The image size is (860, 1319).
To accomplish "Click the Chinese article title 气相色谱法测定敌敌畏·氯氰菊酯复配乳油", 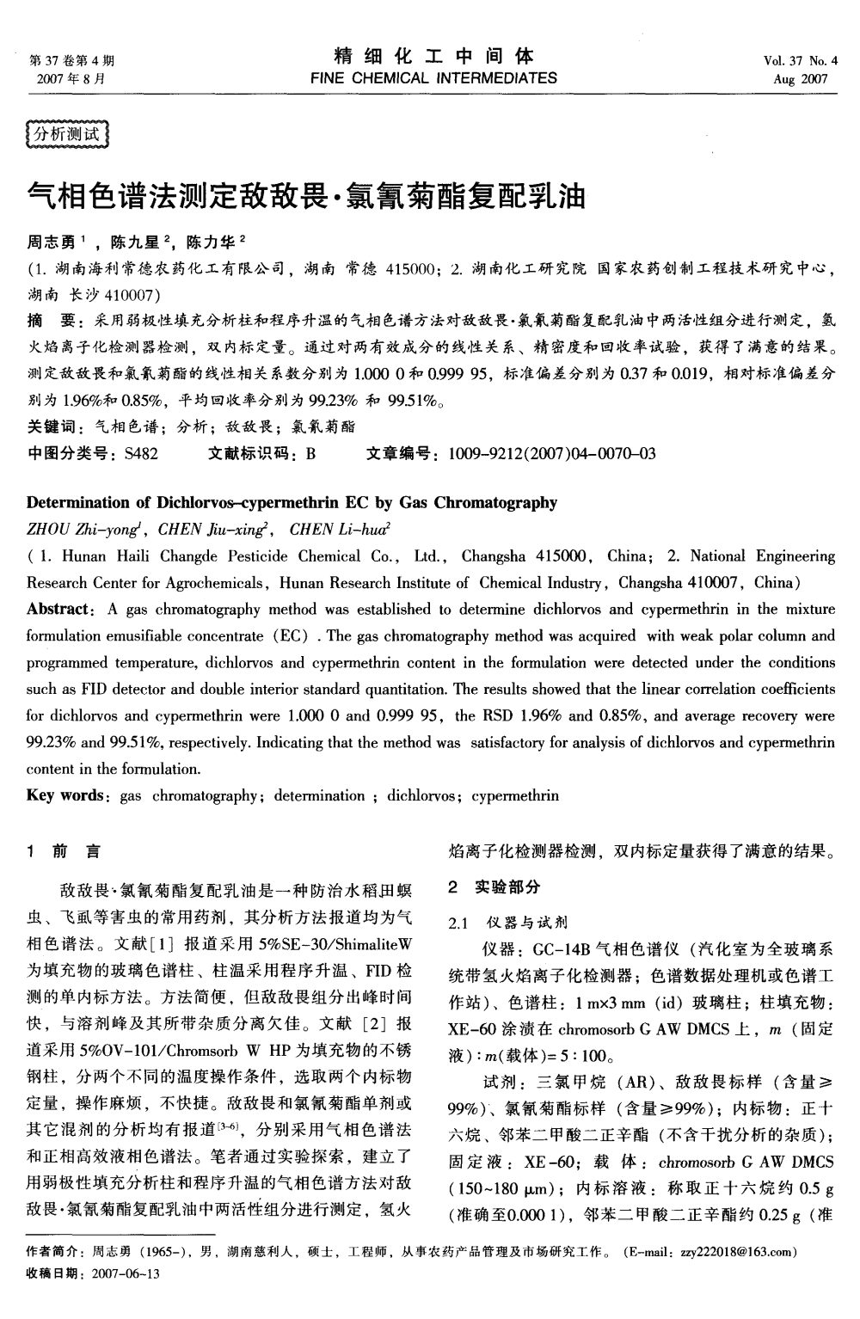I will pos(307,196).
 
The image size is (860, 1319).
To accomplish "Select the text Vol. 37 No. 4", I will pos(800,60).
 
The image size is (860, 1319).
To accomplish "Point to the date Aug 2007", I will pos(800,79).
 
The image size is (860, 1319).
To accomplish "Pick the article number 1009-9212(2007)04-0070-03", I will pos(551,454).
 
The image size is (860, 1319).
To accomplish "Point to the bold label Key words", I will pos(65,795).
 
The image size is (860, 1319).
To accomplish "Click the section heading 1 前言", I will pos(64,852).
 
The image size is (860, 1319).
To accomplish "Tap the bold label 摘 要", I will pos(52,321).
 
